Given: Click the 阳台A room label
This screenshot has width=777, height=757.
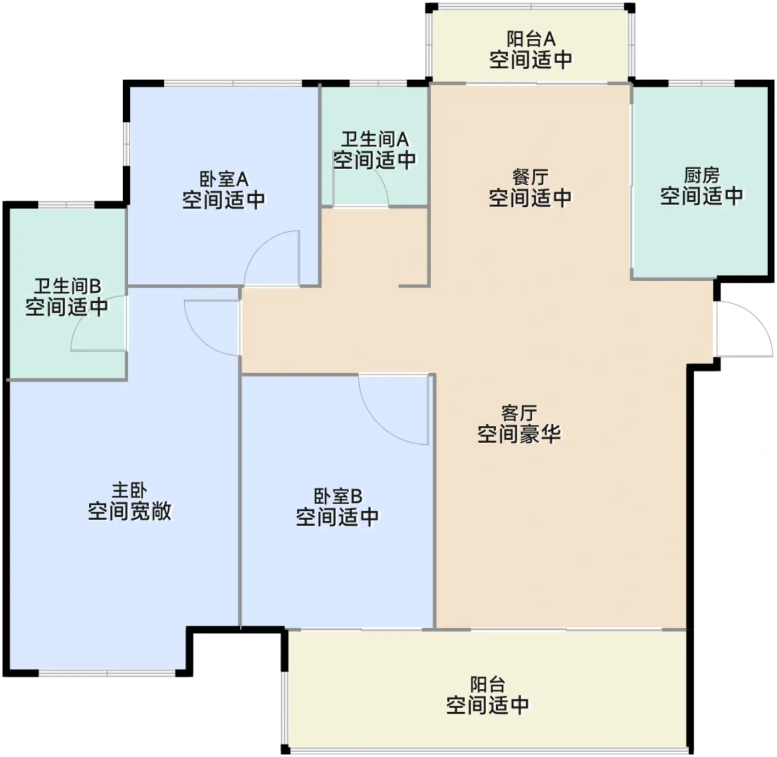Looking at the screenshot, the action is [x=531, y=39].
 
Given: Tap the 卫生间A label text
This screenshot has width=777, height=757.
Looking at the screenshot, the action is [x=375, y=140].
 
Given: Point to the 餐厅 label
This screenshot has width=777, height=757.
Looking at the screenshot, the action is [x=530, y=177].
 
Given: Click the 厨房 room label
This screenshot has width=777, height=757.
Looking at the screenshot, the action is [x=701, y=176].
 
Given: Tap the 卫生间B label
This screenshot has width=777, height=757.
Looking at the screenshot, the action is [x=68, y=286].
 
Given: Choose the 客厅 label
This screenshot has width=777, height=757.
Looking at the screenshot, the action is [x=519, y=413].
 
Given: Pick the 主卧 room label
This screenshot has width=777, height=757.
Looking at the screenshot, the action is [x=129, y=490].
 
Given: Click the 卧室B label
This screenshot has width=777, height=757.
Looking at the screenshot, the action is [x=338, y=496].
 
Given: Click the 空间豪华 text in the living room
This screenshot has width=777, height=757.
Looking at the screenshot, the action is [x=519, y=434].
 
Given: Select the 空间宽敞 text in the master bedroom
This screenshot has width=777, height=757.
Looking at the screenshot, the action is [x=129, y=511].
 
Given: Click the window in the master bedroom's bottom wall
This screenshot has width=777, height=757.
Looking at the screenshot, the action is [x=107, y=673].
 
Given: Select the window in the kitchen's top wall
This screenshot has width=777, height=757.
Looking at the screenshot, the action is [x=702, y=83].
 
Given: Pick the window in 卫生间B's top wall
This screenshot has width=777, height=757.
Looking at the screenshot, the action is [x=66, y=205].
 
